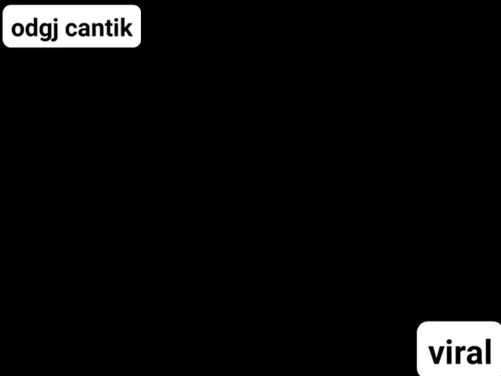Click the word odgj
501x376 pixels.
(x=35, y=29)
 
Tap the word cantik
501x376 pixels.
(x=99, y=28)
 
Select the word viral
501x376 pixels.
(x=460, y=352)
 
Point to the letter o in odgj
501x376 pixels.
(x=18, y=30)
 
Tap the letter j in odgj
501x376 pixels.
(x=56, y=30)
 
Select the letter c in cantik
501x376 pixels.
(x=72, y=30)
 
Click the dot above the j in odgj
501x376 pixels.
(x=57, y=20)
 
